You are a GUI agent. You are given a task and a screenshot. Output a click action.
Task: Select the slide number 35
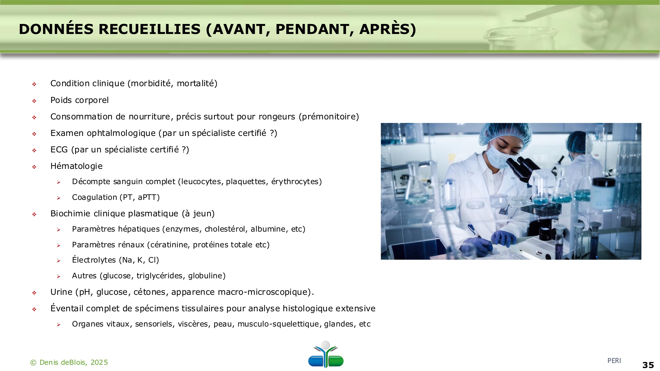click(x=648, y=365)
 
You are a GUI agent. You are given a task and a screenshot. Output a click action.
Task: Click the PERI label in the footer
click(x=614, y=361)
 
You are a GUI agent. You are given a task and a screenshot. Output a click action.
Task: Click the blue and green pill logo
click(x=326, y=354)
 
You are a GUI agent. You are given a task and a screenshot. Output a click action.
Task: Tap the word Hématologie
click(x=76, y=166)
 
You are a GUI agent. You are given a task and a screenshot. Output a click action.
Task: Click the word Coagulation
click(x=94, y=197)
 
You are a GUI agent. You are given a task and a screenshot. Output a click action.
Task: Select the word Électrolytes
click(x=94, y=260)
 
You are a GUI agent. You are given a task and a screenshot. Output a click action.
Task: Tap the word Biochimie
click(x=70, y=213)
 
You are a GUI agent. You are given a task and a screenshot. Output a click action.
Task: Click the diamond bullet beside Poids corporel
click(x=34, y=101)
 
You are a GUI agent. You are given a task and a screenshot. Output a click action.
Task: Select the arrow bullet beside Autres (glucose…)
click(x=59, y=276)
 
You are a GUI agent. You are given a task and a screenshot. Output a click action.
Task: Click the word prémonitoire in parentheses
click(x=329, y=116)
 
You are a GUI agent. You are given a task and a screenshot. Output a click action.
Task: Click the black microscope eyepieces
click(x=520, y=167)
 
